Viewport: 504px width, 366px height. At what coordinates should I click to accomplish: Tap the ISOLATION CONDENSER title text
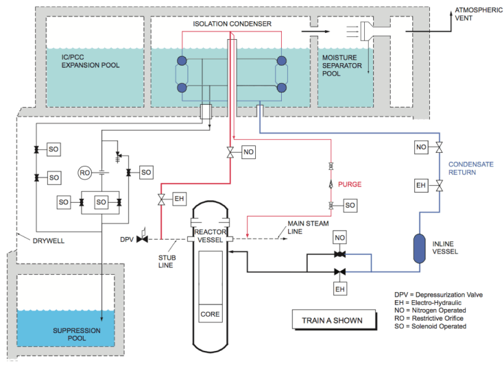pos(232,24)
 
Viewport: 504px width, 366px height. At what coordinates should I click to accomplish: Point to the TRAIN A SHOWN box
pos(332,320)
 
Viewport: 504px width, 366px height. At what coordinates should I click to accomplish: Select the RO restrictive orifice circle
pos(84,172)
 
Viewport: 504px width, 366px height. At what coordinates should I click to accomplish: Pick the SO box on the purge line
pos(349,205)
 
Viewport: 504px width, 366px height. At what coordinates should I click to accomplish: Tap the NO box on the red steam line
pos(248,152)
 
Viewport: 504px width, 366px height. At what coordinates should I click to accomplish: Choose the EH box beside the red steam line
pos(179,199)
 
